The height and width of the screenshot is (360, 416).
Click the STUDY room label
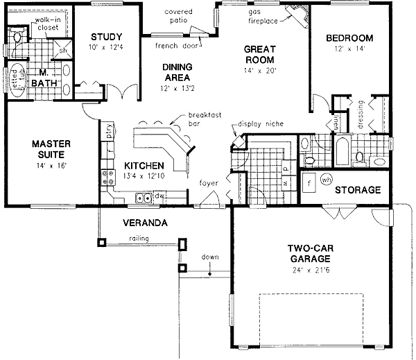tap(106, 37)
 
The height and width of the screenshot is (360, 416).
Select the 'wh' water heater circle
tap(326, 180)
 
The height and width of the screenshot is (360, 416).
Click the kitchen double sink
tap(144, 198)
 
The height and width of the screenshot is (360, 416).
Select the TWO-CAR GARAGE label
tap(309, 253)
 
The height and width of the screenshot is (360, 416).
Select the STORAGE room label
tap(358, 190)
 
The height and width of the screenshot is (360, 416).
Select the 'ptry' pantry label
tap(110, 130)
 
